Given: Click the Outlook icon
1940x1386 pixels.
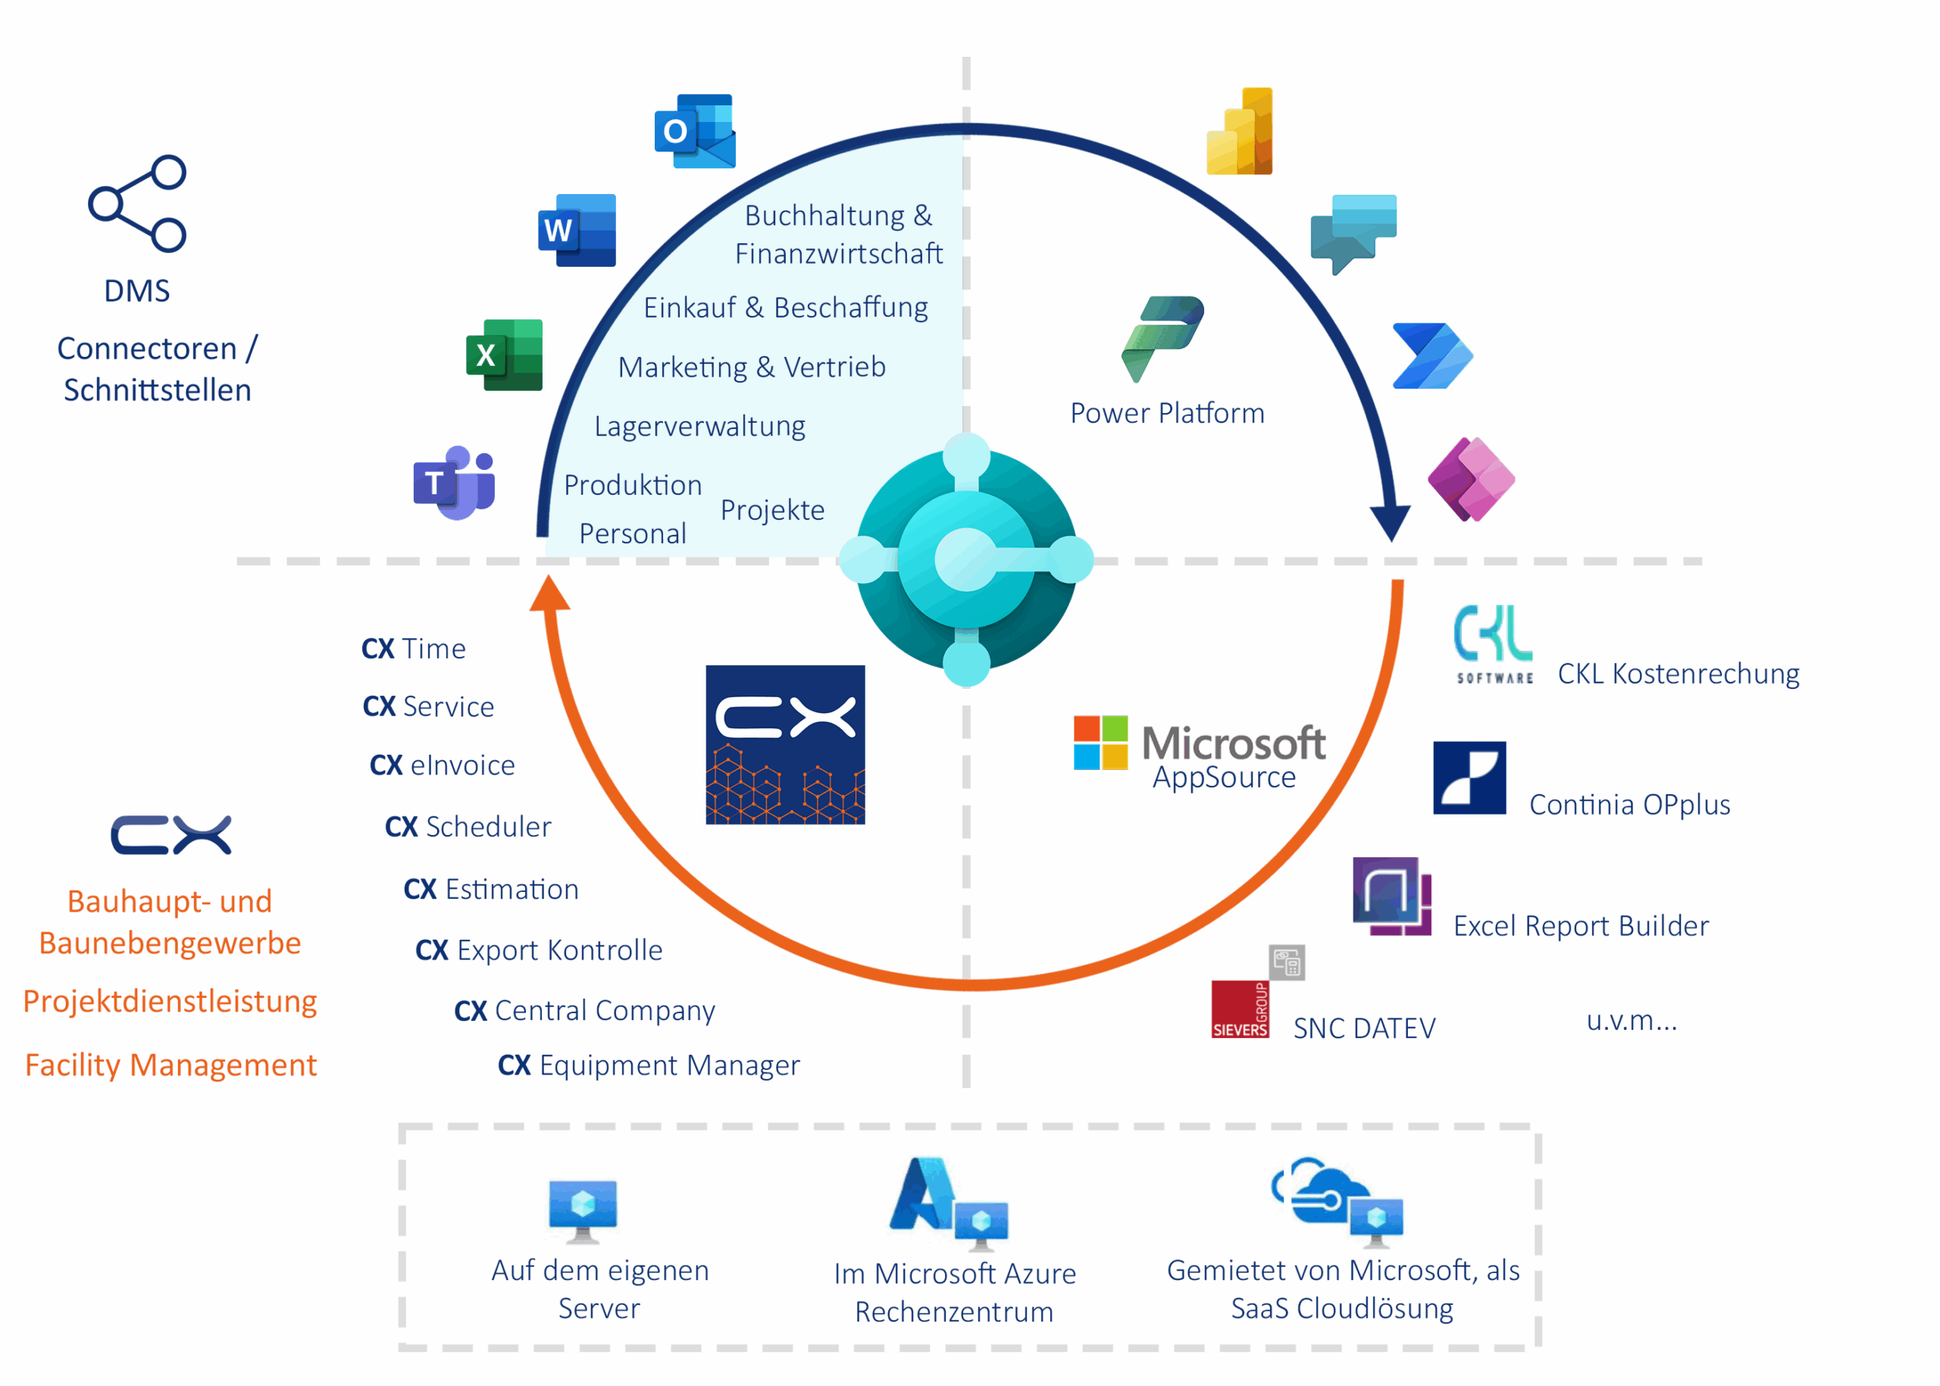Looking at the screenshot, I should pos(695,130).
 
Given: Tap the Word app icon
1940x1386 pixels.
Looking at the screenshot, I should pos(577,230).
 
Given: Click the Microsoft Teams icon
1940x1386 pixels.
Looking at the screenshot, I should pos(455,482).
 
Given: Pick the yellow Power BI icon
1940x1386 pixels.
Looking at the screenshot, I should pos(1240,131).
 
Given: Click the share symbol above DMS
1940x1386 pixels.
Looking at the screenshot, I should pos(137,203).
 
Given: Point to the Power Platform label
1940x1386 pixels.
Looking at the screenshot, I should pos(1167,413).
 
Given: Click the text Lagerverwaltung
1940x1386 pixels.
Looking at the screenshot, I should pos(699,425).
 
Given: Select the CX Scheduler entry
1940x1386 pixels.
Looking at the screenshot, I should pos(468,826).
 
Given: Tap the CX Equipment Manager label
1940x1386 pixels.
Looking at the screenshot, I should pos(649,1065).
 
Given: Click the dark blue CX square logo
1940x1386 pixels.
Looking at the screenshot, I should pos(784,744).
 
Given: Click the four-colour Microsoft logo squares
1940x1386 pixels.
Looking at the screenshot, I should pos(1100,743).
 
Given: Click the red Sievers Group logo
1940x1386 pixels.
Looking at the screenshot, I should pos(1240,1009).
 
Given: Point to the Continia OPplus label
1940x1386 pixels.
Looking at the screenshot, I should pos(1629,804).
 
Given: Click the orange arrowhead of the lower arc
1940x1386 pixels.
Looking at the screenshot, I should pos(549,594).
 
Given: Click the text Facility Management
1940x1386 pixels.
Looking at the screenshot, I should pos(171,1065).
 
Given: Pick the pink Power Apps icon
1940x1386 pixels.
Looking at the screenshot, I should pos(1471,479).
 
